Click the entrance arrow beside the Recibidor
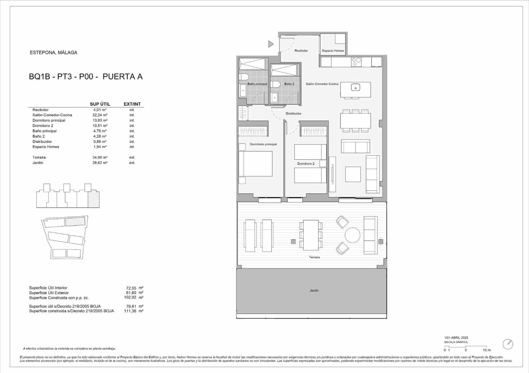[x=270, y=44]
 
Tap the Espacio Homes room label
[x=333, y=51]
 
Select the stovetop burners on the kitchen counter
[x=356, y=62]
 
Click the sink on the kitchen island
[x=355, y=88]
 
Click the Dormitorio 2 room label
[x=306, y=164]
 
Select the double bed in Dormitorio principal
[x=255, y=164]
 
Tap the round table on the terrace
[x=352, y=235]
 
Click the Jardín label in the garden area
[x=314, y=290]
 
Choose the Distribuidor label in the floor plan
[x=293, y=114]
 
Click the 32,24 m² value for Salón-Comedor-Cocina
[x=100, y=115]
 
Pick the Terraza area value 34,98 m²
[x=100, y=157]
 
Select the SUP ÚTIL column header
[x=100, y=104]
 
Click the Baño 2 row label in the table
[x=38, y=136]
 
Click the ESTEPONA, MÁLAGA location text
[x=54, y=52]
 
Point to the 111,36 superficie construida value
[x=131, y=311]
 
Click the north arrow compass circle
[x=508, y=344]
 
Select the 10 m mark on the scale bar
[x=486, y=350]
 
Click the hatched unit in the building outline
[x=94, y=200]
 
